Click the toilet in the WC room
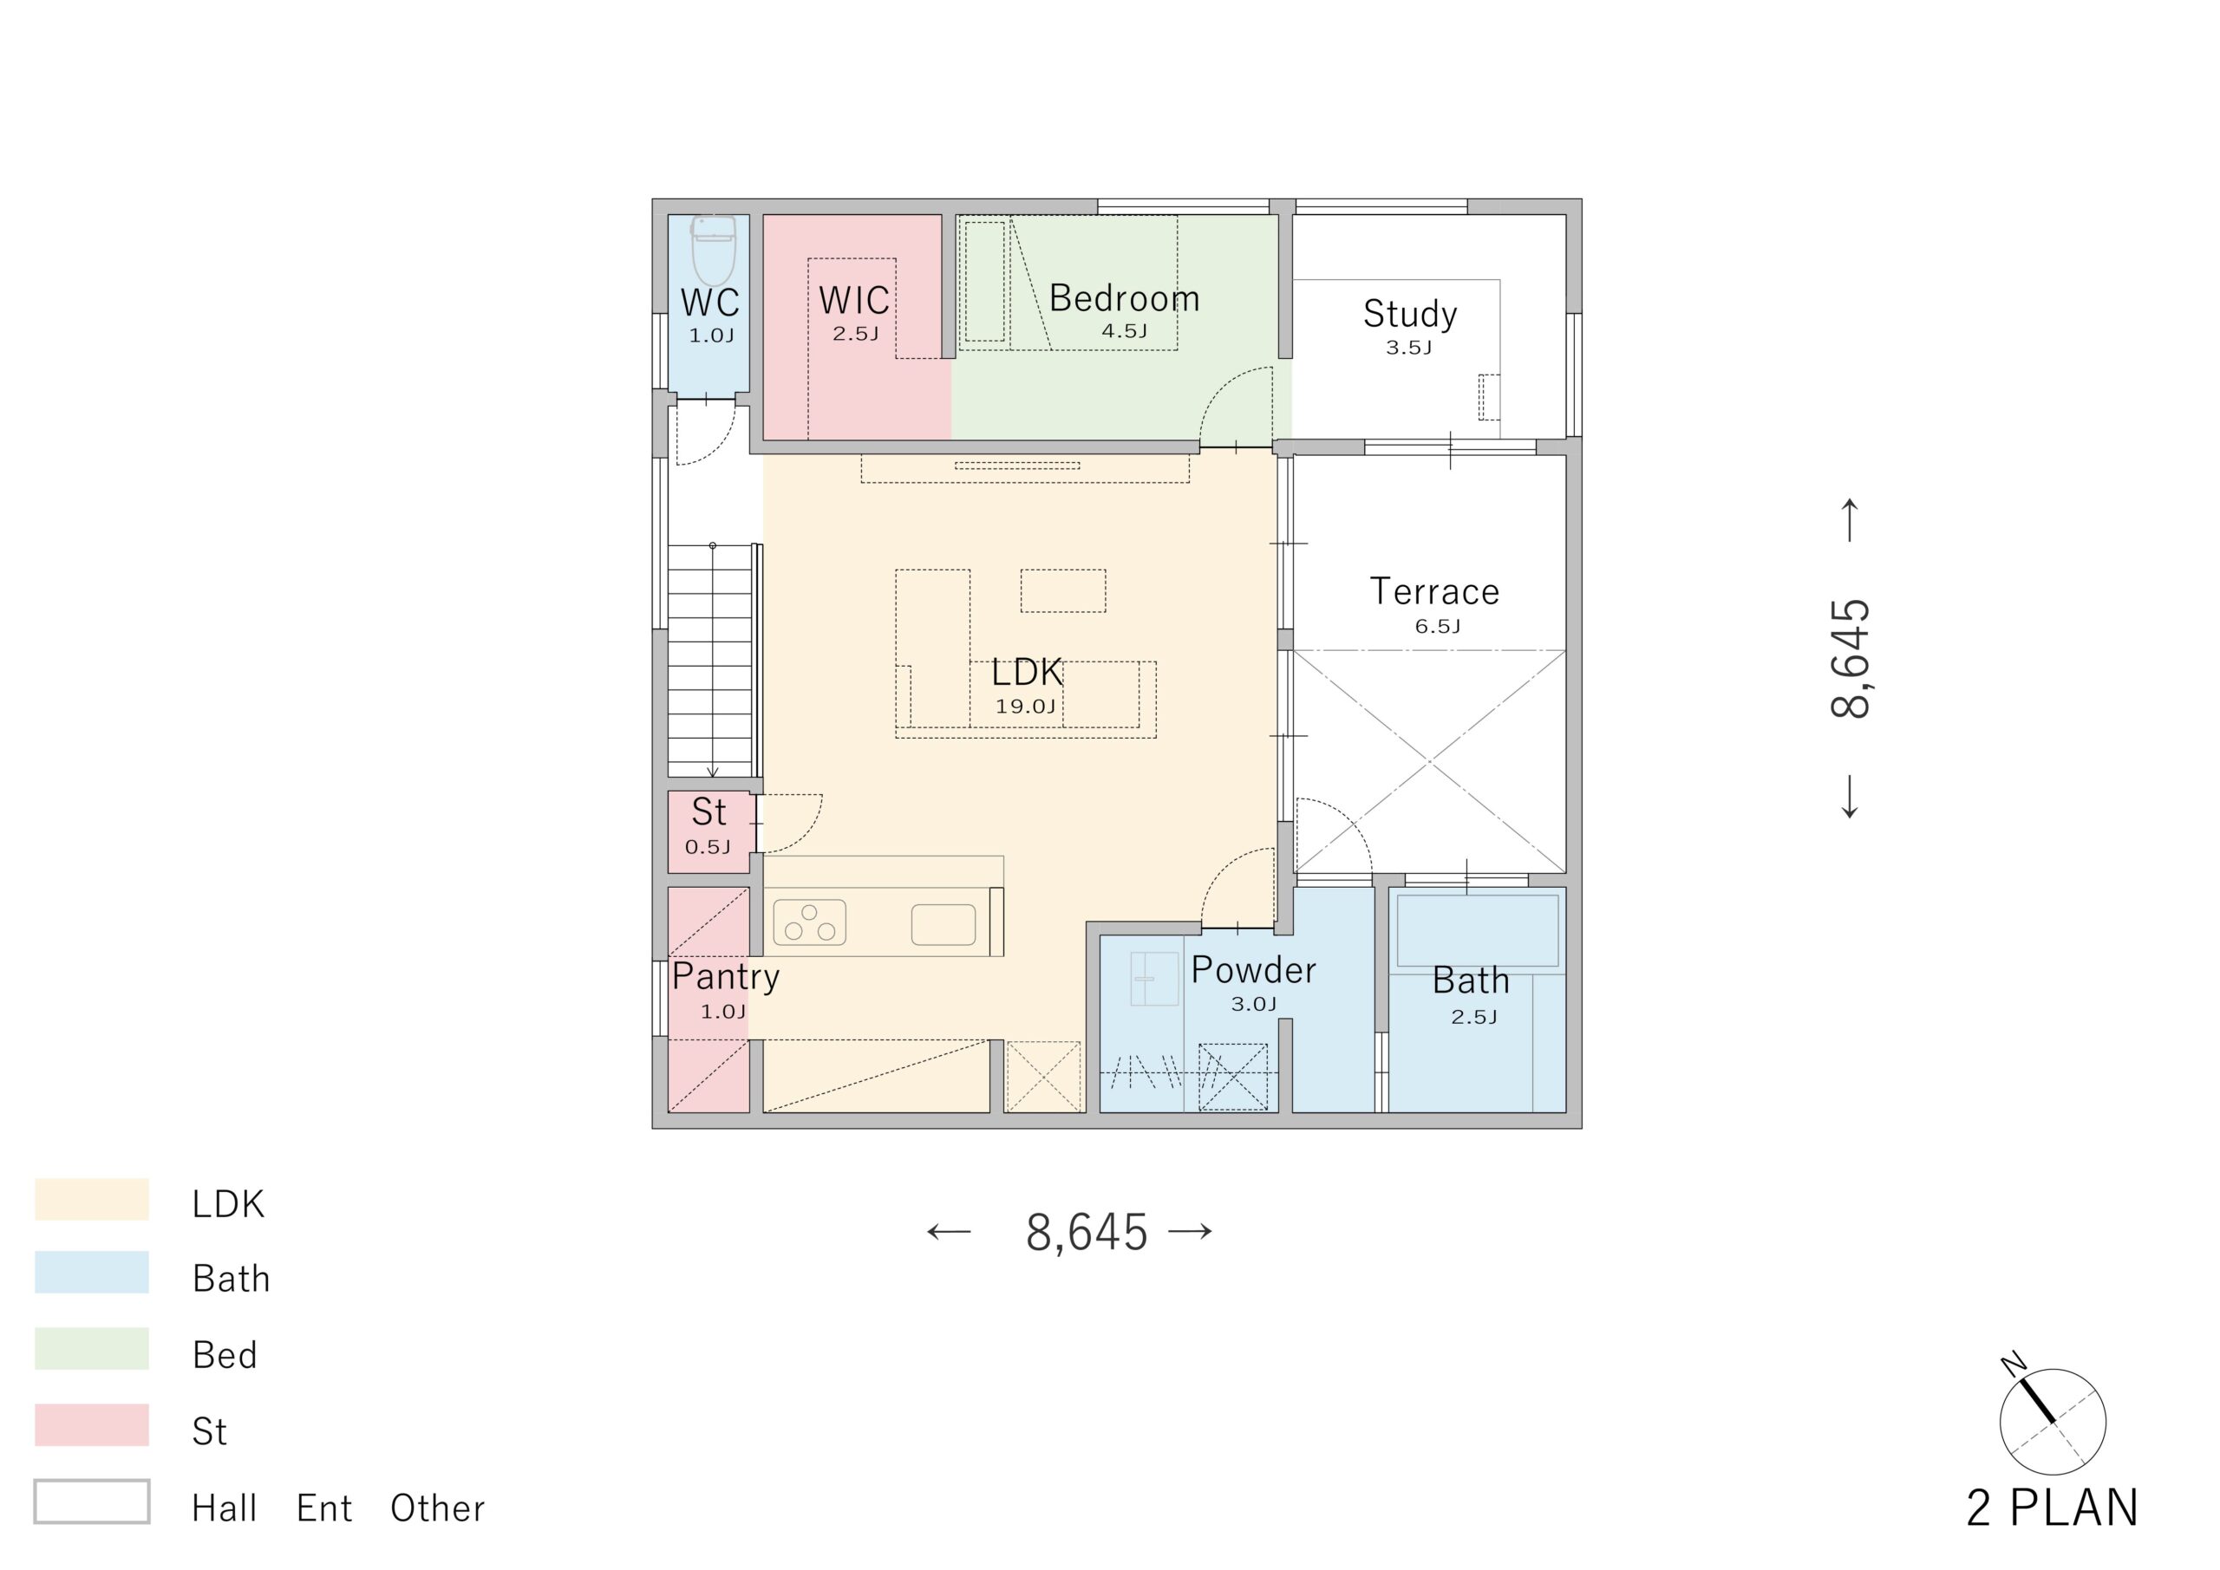pyautogui.click(x=714, y=251)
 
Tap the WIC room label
pyautogui.click(x=854, y=301)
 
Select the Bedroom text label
pyautogui.click(x=1125, y=297)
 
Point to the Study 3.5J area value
pyautogui.click(x=1409, y=348)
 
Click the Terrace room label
pyautogui.click(x=1435, y=591)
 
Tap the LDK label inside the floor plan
pyautogui.click(x=1027, y=672)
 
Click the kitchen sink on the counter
pyautogui.click(x=943, y=924)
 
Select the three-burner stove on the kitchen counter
pyautogui.click(x=809, y=922)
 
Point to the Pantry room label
pyautogui.click(x=725, y=976)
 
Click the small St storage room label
pyautogui.click(x=708, y=812)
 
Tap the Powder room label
pyautogui.click(x=1253, y=969)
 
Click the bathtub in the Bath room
pyautogui.click(x=1478, y=930)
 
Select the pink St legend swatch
pyautogui.click(x=92, y=1425)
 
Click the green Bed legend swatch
pyautogui.click(x=92, y=1349)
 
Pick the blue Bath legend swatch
pyautogui.click(x=92, y=1273)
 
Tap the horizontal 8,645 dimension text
pyautogui.click(x=1087, y=1233)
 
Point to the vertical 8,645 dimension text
pyautogui.click(x=1851, y=658)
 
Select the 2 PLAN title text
pyautogui.click(x=2052, y=1508)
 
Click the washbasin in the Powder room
pyautogui.click(x=1154, y=979)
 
